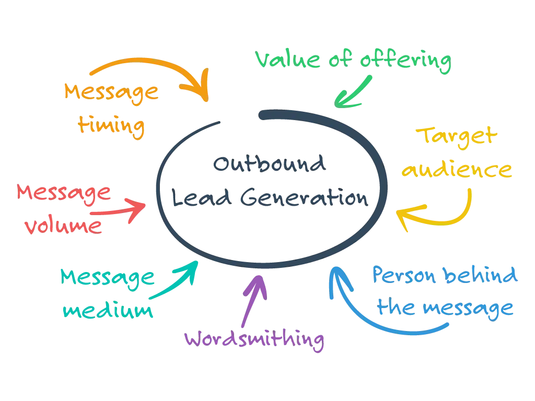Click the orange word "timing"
click(110, 125)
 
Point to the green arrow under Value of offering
click(353, 93)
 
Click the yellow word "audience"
click(457, 171)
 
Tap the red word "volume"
click(63, 226)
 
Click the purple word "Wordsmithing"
click(255, 340)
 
